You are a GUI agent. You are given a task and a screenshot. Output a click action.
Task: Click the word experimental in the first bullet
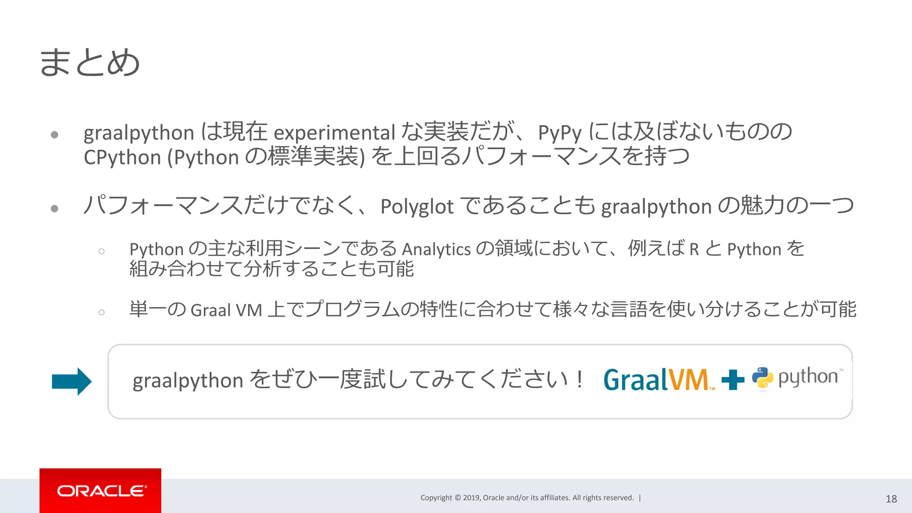click(334, 133)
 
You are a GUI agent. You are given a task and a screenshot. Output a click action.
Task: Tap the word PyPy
click(560, 133)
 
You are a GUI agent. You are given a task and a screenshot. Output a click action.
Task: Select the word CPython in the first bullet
click(122, 158)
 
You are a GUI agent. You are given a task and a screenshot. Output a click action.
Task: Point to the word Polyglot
click(417, 207)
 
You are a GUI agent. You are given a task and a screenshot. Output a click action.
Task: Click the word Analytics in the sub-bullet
click(436, 249)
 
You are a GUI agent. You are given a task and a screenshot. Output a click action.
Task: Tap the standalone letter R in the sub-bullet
click(694, 249)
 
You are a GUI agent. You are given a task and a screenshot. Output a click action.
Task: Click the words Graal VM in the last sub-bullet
click(226, 310)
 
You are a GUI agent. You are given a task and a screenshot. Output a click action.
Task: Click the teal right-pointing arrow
click(72, 382)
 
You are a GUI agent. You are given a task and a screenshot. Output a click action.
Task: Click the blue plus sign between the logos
click(733, 380)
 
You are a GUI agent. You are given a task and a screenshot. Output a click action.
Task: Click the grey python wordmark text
click(808, 377)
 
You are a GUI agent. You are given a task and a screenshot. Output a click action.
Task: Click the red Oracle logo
click(100, 491)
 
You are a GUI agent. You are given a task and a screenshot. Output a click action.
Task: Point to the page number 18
click(891, 499)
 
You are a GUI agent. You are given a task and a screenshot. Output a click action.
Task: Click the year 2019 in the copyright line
click(471, 498)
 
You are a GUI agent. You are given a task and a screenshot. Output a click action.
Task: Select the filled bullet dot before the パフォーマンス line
click(55, 208)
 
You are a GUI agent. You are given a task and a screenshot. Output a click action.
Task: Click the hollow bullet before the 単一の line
click(102, 312)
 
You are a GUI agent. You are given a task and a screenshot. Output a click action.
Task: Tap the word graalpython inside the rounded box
click(187, 381)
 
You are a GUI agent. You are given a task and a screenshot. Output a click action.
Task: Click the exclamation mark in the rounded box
click(579, 379)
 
